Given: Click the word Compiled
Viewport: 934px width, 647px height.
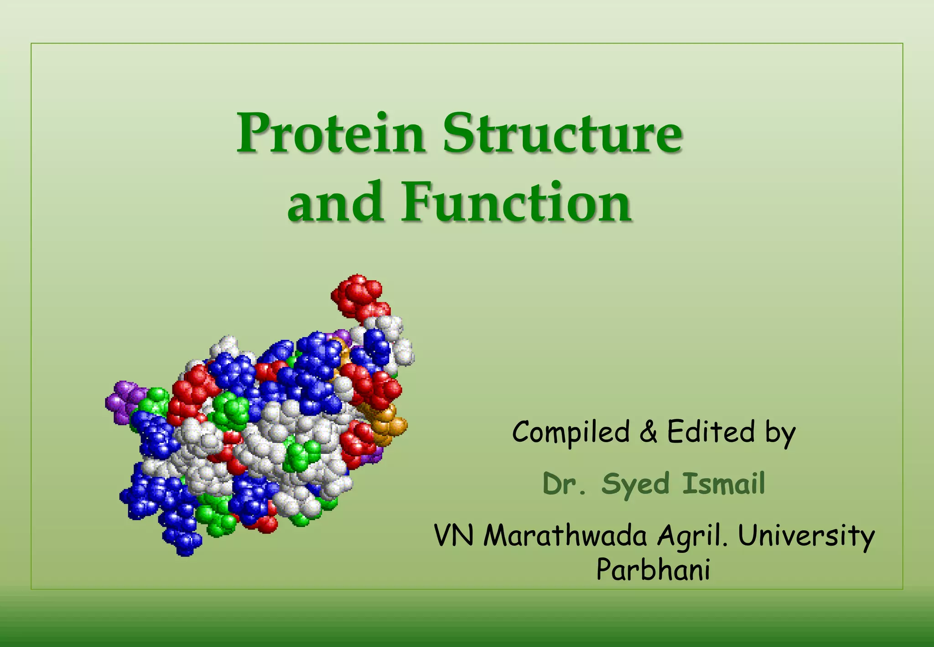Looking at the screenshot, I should pos(570,433).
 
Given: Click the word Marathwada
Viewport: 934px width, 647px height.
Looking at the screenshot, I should pos(565,536).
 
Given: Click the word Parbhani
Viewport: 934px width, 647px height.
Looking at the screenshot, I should pos(653,570).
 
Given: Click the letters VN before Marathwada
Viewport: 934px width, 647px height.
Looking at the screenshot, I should pos(454,536).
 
